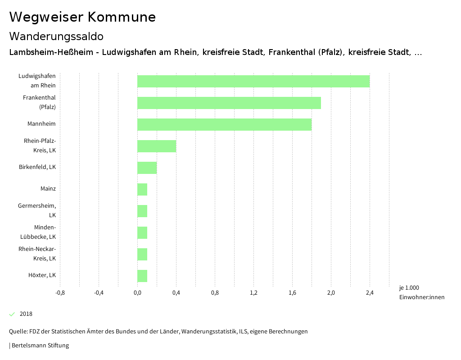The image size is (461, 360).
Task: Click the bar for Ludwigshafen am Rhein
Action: tap(253, 81)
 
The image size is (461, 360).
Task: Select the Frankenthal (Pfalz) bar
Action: tap(229, 103)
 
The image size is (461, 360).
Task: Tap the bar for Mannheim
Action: tap(224, 124)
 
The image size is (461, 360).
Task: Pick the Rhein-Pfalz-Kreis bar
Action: tap(157, 146)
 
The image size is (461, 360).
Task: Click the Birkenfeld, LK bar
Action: tap(147, 168)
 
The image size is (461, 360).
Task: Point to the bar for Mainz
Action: tap(142, 189)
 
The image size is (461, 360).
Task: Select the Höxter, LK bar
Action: tap(142, 276)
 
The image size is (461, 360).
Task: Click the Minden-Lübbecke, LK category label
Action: tap(38, 232)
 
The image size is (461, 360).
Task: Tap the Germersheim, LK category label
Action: tap(37, 210)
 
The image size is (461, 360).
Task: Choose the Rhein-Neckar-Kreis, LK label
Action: tap(37, 254)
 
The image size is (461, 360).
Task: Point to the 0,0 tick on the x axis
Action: tap(137, 293)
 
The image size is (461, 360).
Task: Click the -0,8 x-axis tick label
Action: tap(60, 293)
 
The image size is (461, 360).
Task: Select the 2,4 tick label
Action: tap(370, 293)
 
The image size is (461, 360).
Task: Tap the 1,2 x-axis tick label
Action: tap(253, 293)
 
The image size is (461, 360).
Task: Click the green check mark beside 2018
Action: tap(12, 314)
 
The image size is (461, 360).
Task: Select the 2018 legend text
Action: tap(26, 314)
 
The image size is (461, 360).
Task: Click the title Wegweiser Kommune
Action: tap(82, 17)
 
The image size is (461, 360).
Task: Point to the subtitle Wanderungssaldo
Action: tap(56, 36)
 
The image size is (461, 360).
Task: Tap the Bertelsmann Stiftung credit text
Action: tap(40, 346)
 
